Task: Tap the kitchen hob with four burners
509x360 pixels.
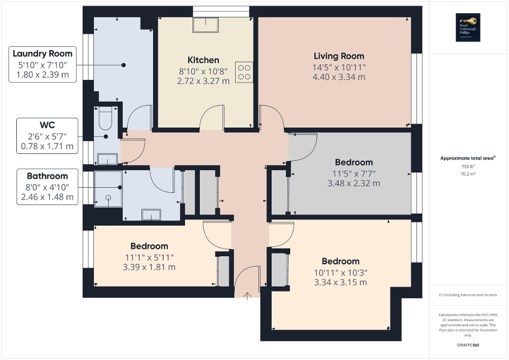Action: pos(244,72)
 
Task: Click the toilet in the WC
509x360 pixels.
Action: pos(105,120)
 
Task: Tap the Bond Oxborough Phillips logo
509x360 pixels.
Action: pos(466,28)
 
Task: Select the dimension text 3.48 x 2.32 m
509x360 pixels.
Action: pos(353,183)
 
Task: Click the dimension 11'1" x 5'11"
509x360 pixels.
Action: pos(149,257)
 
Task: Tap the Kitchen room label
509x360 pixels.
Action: pos(203,60)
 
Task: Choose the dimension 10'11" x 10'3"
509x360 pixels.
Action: pos(340,273)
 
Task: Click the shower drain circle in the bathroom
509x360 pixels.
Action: pos(108,198)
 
